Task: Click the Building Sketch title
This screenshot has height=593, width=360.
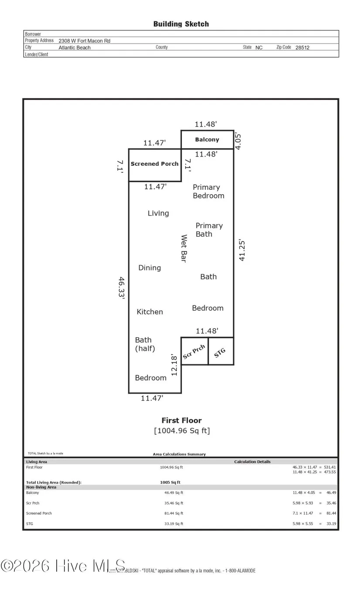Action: tap(181, 24)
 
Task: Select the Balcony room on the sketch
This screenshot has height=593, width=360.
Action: tap(207, 140)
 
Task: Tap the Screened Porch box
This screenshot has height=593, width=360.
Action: tap(154, 164)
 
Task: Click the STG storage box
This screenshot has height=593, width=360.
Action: tap(220, 352)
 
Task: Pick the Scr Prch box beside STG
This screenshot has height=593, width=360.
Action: tap(194, 352)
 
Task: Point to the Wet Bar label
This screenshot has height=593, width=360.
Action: tap(184, 249)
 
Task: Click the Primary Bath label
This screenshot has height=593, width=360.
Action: tap(209, 230)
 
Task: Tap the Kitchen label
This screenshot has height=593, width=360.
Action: tap(150, 312)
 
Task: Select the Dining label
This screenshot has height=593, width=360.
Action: tap(150, 267)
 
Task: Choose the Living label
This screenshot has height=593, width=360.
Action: tap(158, 213)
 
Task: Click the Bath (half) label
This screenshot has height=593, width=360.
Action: tap(145, 344)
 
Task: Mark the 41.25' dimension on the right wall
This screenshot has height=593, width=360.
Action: tap(242, 250)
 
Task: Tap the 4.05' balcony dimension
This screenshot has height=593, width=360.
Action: tap(238, 141)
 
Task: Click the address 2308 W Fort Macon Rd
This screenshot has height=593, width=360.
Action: tap(84, 41)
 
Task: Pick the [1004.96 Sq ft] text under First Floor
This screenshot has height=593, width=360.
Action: tap(182, 431)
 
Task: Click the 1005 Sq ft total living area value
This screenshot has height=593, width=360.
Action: tap(170, 482)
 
